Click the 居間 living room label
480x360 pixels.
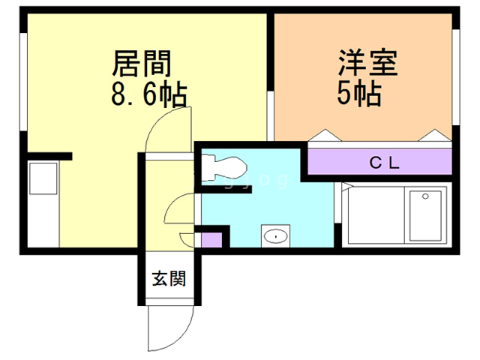point(142,64)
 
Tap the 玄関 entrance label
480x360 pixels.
point(169,280)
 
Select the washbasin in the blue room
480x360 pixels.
point(275,236)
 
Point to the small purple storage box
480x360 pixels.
point(212,241)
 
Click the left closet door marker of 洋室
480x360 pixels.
point(325,135)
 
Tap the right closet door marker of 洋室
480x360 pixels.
point(435,135)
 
